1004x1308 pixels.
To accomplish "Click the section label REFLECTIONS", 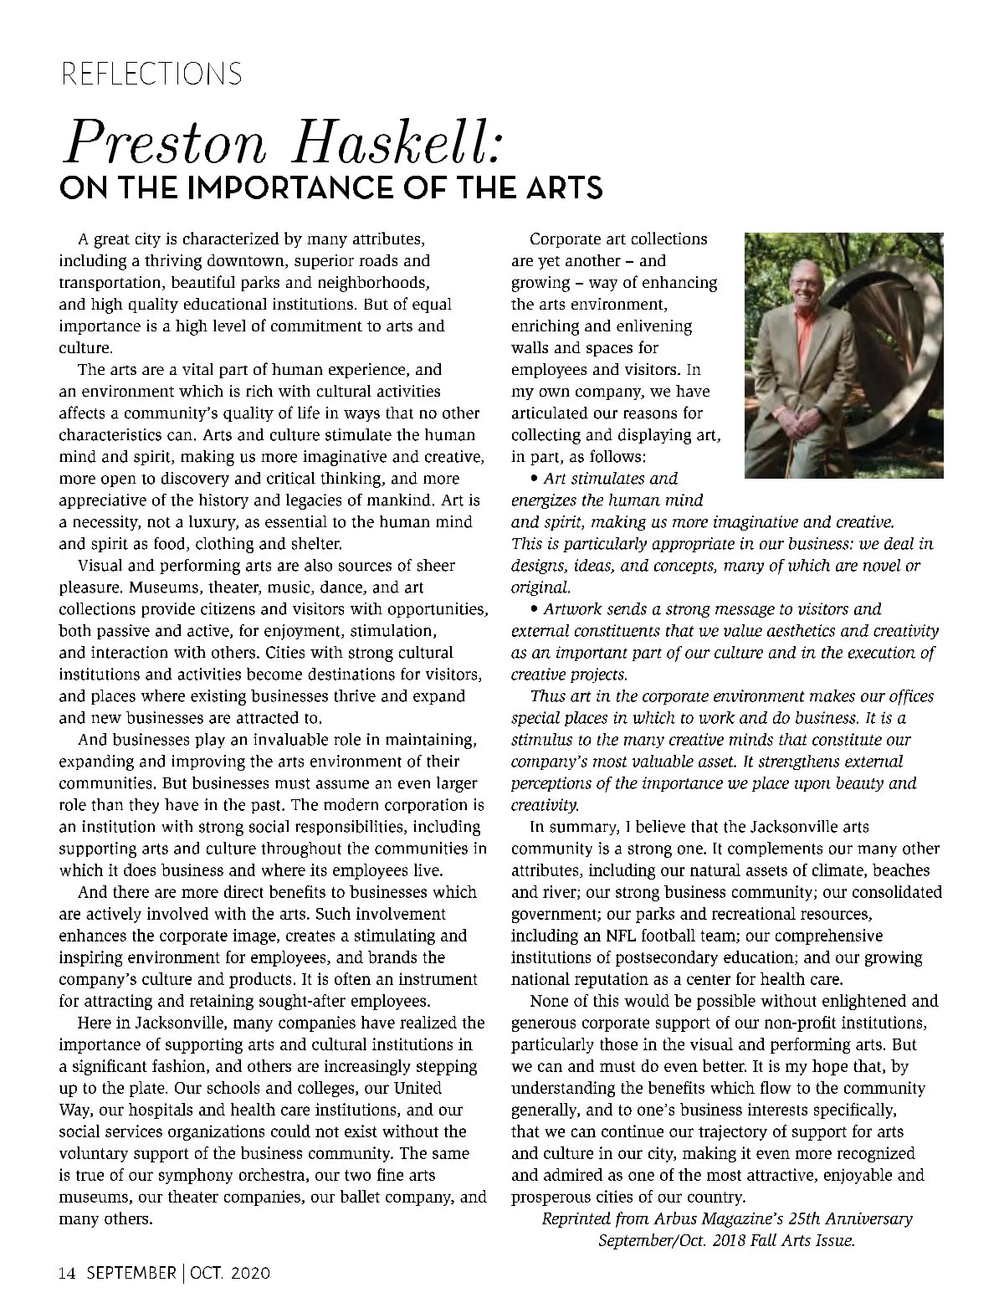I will click(x=151, y=74).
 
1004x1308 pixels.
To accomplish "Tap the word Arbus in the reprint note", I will click(x=674, y=1218).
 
